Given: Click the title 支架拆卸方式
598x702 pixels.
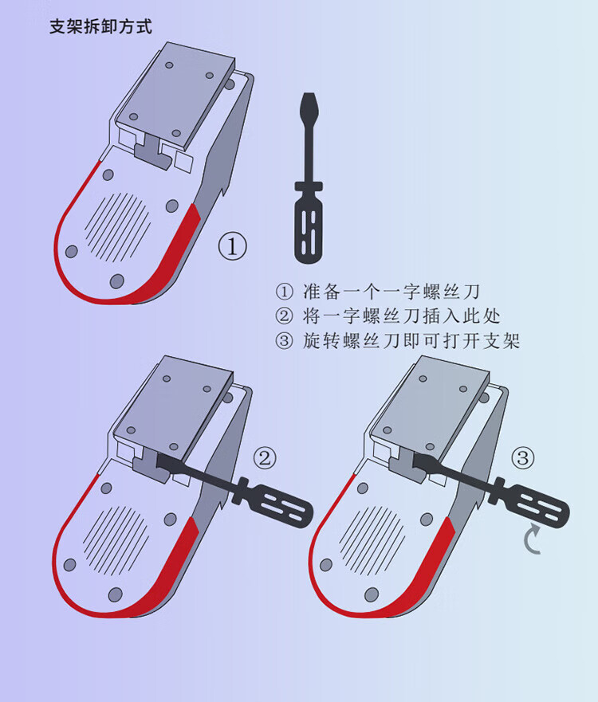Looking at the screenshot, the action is pyautogui.click(x=100, y=26).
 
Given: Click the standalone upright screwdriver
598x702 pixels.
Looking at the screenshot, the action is pyautogui.click(x=309, y=178).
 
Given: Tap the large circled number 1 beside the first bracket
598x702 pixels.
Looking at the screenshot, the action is pyautogui.click(x=232, y=245).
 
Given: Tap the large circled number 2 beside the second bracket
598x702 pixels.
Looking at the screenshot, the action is pyautogui.click(x=265, y=457).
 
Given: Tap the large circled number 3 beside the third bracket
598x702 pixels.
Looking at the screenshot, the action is pyautogui.click(x=523, y=457).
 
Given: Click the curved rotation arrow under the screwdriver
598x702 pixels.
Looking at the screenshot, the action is pyautogui.click(x=531, y=539).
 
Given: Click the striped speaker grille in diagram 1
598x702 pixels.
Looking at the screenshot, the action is pyautogui.click(x=118, y=227).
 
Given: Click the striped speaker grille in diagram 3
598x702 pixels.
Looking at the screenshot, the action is pyautogui.click(x=372, y=540).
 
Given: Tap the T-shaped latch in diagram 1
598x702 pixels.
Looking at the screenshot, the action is pyautogui.click(x=154, y=152).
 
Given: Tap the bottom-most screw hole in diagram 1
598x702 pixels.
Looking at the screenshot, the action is pyautogui.click(x=117, y=281).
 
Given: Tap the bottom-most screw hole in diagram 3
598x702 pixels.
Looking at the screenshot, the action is pyautogui.click(x=372, y=594).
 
